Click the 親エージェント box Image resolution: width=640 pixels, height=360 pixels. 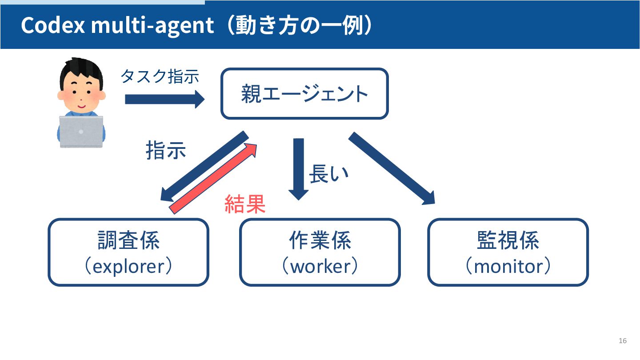(304, 94)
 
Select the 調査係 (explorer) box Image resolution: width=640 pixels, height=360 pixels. (128, 252)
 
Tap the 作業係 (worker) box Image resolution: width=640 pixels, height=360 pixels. (320, 252)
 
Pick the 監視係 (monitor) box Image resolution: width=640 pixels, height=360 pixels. (508, 252)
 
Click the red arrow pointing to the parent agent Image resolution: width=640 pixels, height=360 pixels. (214, 178)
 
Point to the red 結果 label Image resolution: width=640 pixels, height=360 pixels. (245, 204)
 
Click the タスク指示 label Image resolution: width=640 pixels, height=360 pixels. (160, 76)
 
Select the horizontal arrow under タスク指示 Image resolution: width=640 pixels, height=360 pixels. (164, 99)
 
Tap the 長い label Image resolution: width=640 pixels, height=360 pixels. (328, 174)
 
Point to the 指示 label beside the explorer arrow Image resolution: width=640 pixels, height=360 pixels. (166, 151)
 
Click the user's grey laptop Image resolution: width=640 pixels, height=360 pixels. (81, 132)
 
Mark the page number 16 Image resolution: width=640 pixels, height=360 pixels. (622, 341)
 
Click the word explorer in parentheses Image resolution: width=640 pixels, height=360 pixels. (128, 266)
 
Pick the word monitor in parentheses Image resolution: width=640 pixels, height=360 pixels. (508, 266)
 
